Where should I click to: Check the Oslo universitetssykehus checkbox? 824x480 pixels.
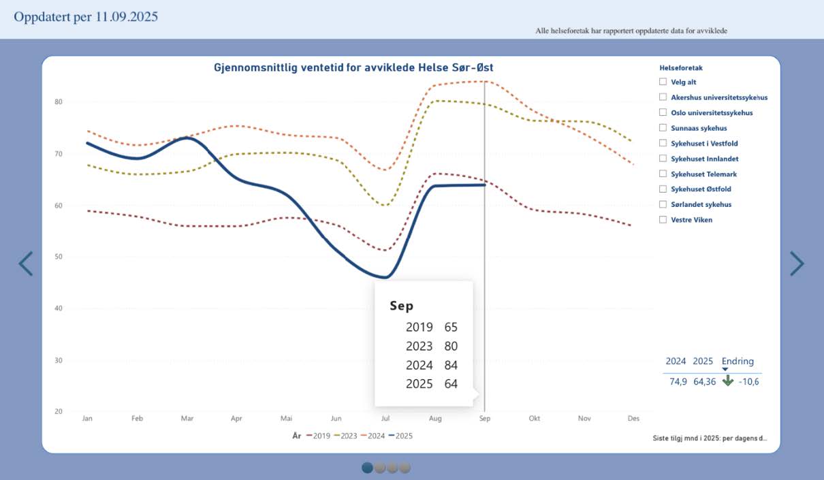pos(663,112)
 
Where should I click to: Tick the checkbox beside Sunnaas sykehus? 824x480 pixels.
pos(663,128)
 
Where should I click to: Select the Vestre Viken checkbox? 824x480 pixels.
pos(663,219)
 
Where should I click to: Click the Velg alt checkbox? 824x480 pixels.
pos(663,82)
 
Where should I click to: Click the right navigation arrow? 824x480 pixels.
pos(797,263)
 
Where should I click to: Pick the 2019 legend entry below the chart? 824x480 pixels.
pos(318,436)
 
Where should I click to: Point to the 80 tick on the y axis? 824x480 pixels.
pos(59,102)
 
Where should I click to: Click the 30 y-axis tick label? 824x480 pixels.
pos(59,360)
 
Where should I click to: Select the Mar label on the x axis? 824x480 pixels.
pos(187,418)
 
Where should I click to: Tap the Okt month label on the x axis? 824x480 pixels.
pos(535,418)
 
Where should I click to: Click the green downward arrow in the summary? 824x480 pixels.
pos(728,381)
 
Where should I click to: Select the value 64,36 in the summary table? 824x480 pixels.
pos(705,381)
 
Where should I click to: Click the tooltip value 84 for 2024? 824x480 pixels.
pos(451,365)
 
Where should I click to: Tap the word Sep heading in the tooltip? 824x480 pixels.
pos(401,306)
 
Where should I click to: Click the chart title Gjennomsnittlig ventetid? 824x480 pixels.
pos(353,67)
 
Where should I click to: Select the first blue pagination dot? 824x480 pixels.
pos(368,468)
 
